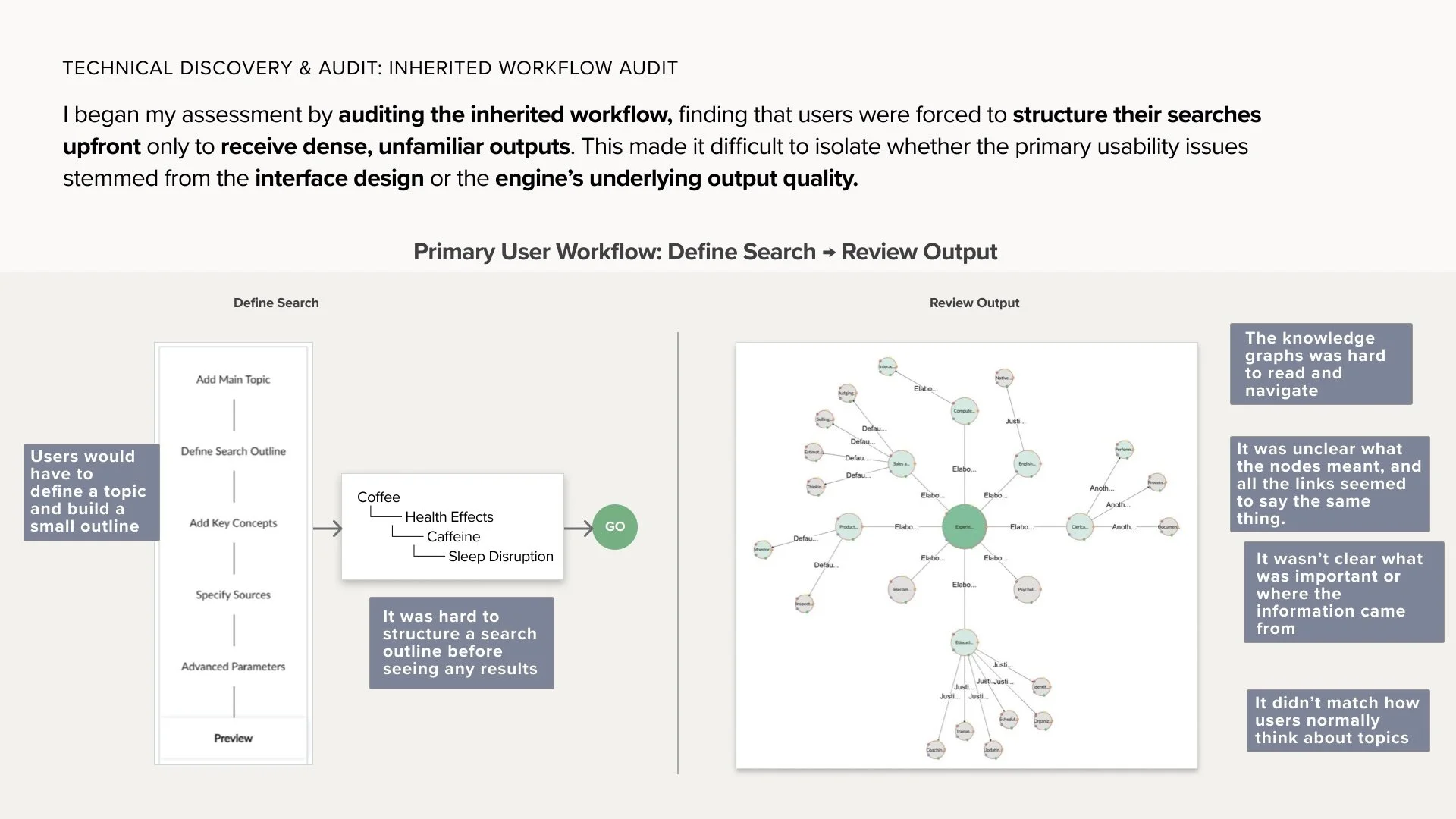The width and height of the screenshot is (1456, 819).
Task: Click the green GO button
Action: (614, 526)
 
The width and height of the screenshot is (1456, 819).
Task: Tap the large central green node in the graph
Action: (964, 526)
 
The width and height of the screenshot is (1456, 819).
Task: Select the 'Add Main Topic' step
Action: (233, 379)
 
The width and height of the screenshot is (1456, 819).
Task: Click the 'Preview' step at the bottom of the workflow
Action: (233, 738)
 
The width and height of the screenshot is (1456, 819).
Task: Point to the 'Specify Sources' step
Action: (233, 595)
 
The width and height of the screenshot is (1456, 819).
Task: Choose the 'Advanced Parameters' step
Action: (233, 667)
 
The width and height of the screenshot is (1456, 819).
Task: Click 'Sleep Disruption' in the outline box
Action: (500, 557)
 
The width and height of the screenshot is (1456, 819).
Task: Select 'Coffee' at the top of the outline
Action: (378, 497)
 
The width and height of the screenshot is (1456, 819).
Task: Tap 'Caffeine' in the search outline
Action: (453, 537)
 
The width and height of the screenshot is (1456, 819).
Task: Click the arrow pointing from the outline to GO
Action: (578, 529)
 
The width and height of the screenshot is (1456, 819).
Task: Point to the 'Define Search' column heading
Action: (276, 303)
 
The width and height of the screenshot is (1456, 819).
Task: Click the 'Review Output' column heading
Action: (974, 303)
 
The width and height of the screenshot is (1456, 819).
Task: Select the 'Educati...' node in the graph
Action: (964, 642)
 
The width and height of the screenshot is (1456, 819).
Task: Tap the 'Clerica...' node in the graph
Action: (1079, 526)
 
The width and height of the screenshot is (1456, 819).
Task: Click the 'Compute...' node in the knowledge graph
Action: (964, 411)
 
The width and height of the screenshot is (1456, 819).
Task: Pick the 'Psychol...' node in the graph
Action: (1027, 589)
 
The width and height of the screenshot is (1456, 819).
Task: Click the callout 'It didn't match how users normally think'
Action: (1338, 720)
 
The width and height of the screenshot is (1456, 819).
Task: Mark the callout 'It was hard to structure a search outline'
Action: (461, 642)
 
